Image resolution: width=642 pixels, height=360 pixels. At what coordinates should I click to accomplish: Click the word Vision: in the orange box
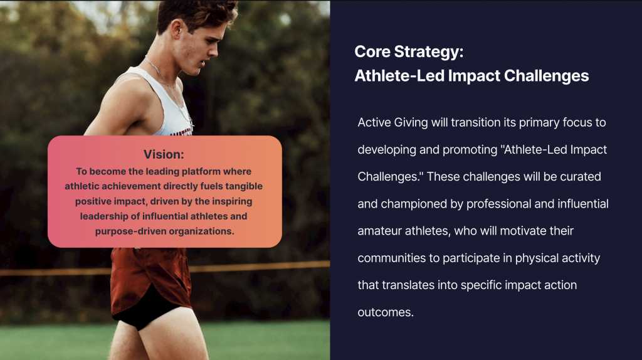click(164, 154)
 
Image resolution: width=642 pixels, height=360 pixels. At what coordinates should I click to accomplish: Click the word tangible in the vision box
click(244, 187)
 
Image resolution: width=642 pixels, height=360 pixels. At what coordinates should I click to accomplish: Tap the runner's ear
click(177, 31)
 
